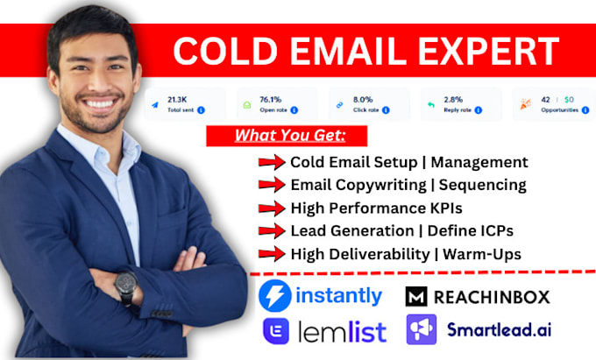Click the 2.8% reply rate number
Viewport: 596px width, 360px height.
[x=454, y=99]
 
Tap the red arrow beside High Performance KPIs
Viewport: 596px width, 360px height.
[x=272, y=208]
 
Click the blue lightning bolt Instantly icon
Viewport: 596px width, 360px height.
[x=273, y=296]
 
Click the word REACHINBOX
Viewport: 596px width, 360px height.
[x=495, y=297]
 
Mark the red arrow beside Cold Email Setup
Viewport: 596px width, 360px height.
[x=272, y=162]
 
